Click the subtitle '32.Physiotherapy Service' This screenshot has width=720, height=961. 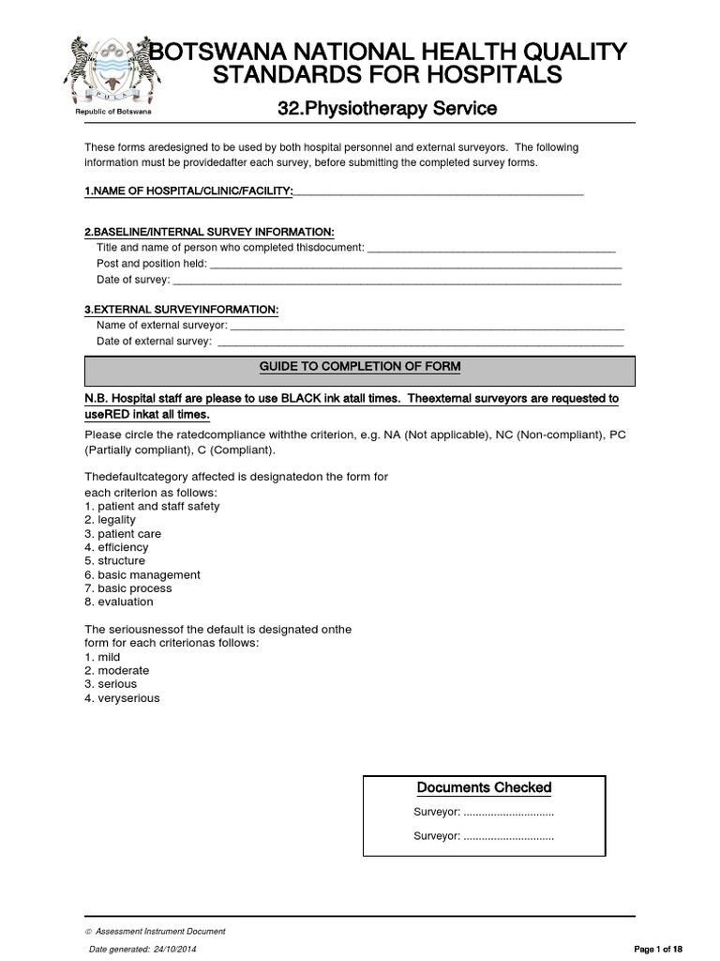[387, 110]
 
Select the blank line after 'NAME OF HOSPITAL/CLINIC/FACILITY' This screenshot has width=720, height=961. [438, 192]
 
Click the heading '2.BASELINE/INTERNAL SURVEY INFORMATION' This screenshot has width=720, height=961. [209, 232]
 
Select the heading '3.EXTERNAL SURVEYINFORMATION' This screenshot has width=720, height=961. [181, 310]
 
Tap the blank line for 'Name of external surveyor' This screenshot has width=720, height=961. [427, 326]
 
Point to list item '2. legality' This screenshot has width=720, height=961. [110, 520]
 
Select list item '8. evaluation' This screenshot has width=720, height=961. [119, 602]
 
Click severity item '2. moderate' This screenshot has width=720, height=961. [117, 671]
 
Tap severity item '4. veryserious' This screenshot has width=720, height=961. [123, 698]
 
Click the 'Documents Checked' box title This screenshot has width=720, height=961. [484, 788]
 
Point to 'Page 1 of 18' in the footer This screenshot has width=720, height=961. [660, 950]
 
